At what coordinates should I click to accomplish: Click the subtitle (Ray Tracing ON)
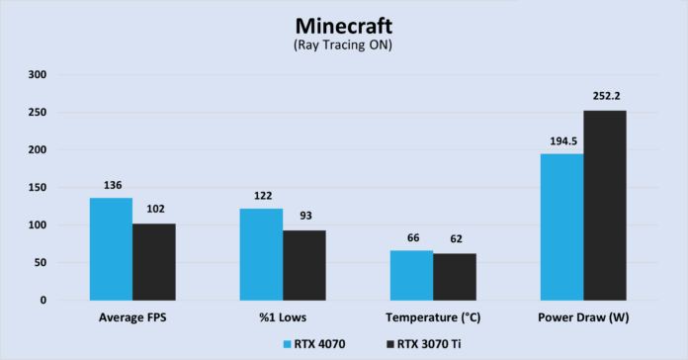[343, 46]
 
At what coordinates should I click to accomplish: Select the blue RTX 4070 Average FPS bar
[111, 249]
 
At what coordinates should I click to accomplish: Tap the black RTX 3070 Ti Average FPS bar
[153, 262]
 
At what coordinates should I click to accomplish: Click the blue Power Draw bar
[561, 226]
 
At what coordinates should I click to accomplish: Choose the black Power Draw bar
[604, 206]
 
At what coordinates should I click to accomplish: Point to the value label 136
[111, 186]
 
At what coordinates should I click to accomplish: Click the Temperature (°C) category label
[433, 316]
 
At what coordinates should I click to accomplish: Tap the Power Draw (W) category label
[583, 316]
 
